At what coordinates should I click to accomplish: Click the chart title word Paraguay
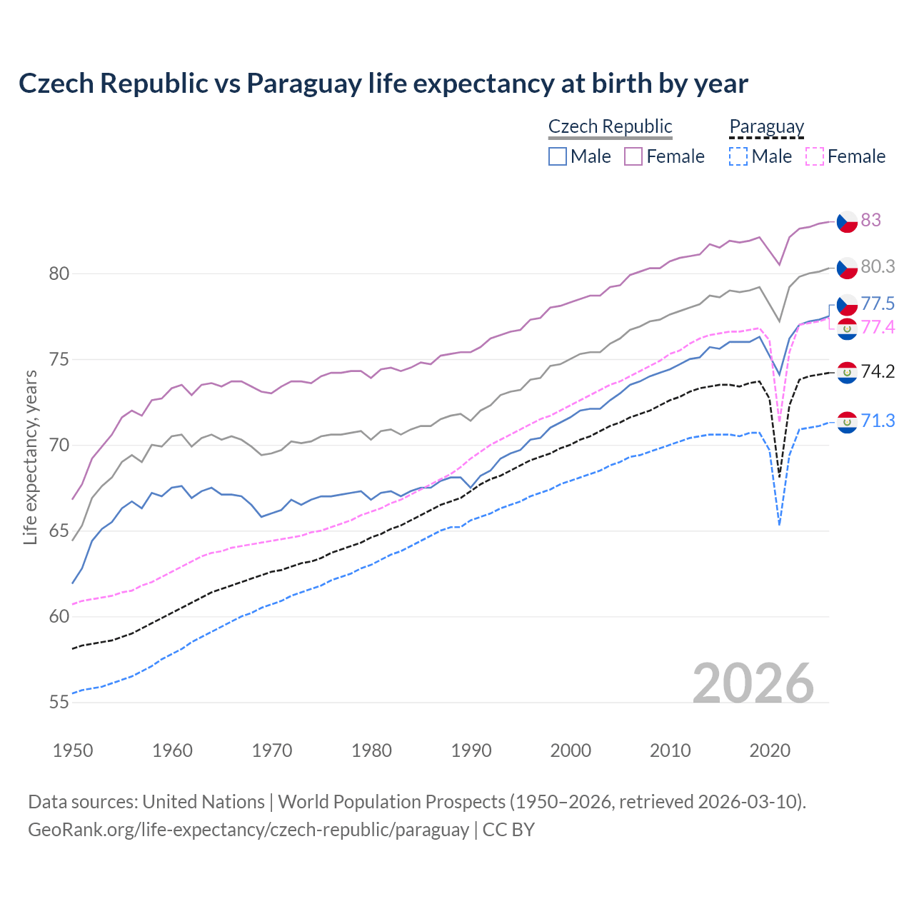tap(304, 84)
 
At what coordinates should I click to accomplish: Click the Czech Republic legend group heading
tap(610, 126)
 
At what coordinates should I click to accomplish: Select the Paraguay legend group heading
tap(766, 126)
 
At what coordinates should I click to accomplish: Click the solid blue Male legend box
tap(558, 156)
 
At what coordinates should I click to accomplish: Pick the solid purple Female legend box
tap(633, 156)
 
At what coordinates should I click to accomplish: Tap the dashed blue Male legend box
tap(738, 156)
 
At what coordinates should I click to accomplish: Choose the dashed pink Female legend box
tap(815, 156)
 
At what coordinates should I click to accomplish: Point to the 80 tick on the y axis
tap(59, 273)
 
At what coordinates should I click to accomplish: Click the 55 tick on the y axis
tap(59, 703)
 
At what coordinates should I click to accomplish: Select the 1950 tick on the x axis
tap(73, 750)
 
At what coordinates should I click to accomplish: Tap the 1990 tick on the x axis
tap(471, 750)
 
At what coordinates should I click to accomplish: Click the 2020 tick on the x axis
tap(770, 750)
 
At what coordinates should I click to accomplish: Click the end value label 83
tap(870, 220)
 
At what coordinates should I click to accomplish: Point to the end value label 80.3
tap(878, 266)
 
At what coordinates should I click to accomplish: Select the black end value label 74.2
tap(878, 371)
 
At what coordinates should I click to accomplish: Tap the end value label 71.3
tap(878, 421)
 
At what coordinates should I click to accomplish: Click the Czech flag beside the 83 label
tap(847, 221)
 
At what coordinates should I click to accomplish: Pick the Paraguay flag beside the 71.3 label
tap(847, 422)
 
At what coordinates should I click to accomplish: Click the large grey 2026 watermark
tap(753, 683)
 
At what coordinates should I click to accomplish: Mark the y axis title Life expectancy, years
tap(30, 457)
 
